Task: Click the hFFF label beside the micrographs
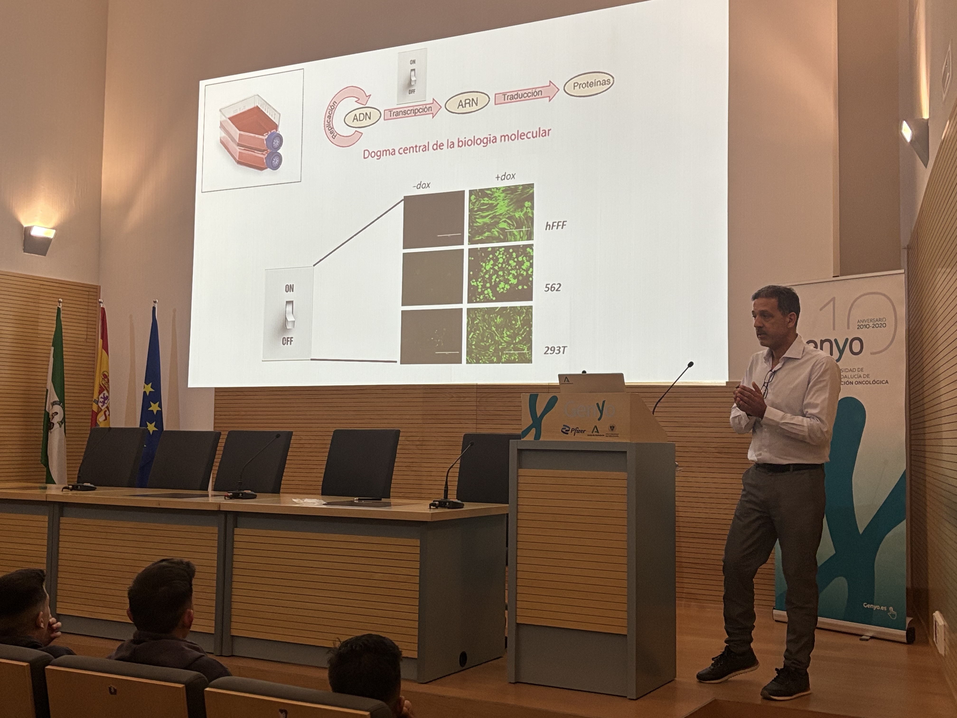coord(555,226)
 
